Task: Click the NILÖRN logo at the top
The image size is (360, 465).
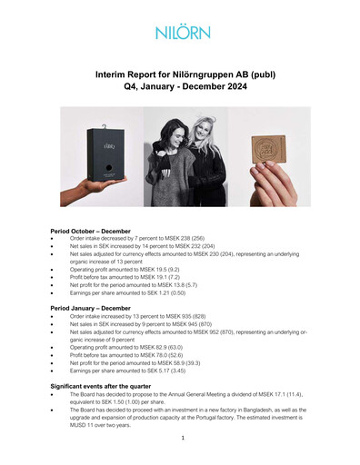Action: pyautogui.click(x=180, y=32)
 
